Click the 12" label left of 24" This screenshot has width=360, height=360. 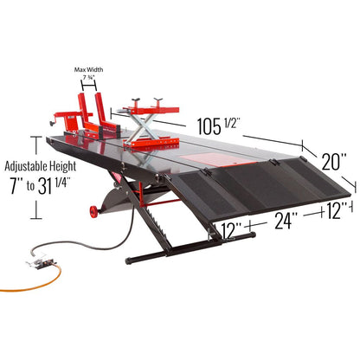point(231,231)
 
